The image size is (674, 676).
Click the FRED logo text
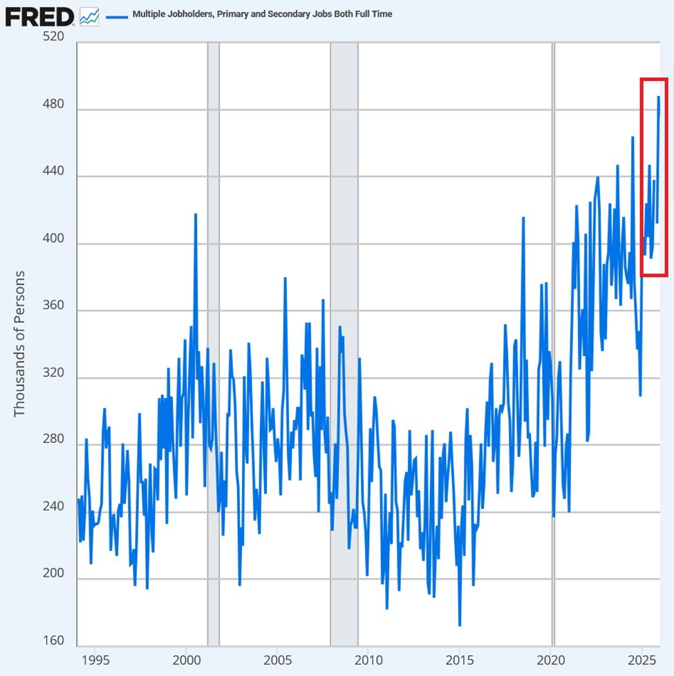(x=39, y=16)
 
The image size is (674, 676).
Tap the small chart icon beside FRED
(x=89, y=17)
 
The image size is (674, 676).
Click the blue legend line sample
(x=117, y=15)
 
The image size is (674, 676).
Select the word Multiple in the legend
(x=151, y=14)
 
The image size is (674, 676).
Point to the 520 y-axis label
(x=53, y=37)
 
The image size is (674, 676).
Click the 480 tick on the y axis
(x=53, y=104)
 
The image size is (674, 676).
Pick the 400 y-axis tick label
(x=53, y=238)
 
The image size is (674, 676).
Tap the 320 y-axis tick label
(x=53, y=373)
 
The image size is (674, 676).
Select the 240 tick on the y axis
(x=53, y=507)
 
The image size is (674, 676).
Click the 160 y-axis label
(x=53, y=641)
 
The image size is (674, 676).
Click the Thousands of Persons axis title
(x=19, y=344)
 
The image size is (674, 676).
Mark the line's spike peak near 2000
(x=196, y=214)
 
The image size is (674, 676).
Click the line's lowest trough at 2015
(x=460, y=625)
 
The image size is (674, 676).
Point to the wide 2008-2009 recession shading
(x=344, y=346)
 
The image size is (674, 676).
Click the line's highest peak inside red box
(x=658, y=97)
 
